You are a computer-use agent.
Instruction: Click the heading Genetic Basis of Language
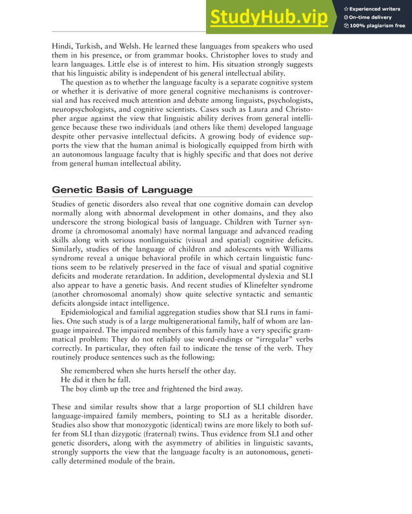click(x=122, y=189)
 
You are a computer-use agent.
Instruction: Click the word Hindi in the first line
click(x=63, y=47)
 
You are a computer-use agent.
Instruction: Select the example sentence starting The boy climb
click(x=152, y=389)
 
